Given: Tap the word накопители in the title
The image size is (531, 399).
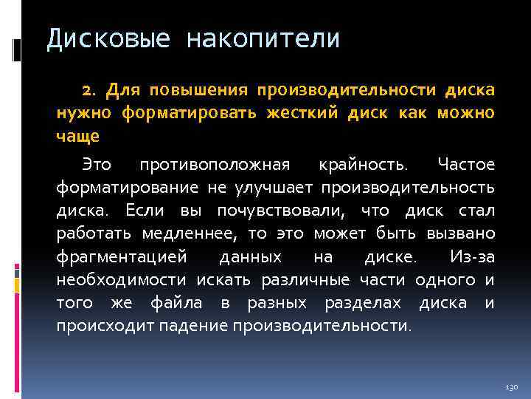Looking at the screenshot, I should coord(263,39).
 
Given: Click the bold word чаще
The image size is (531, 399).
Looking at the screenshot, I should coord(78,137).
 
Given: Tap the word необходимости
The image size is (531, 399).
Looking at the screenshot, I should coord(123,280).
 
